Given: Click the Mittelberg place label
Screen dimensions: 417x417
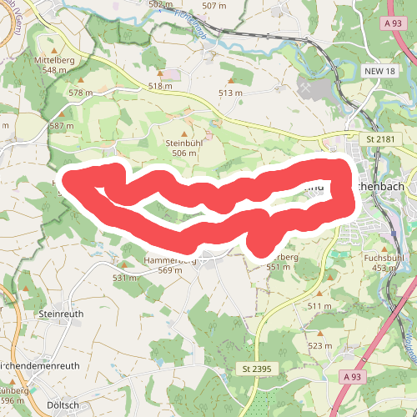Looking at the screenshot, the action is [x=54, y=60].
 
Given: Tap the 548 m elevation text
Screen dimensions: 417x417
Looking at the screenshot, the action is [x=54, y=70].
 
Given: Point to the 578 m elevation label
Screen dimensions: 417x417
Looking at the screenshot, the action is [x=81, y=93].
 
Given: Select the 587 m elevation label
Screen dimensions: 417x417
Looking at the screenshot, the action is [x=62, y=126].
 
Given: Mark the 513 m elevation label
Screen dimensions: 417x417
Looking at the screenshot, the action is [x=229, y=93].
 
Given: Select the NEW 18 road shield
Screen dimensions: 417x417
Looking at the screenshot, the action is [x=379, y=72].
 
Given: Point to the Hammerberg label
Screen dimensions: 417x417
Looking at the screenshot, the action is [x=169, y=260].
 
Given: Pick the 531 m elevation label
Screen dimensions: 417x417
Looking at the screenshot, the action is [x=125, y=278].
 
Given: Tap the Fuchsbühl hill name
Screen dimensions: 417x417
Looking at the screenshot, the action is [x=384, y=259].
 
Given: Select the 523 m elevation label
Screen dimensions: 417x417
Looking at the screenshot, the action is [x=320, y=345].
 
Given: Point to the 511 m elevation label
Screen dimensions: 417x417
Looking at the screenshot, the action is [x=320, y=307].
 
